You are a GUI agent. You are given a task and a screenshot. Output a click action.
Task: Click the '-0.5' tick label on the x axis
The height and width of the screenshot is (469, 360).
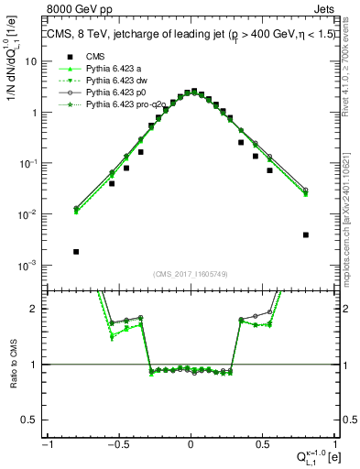pos(117,444)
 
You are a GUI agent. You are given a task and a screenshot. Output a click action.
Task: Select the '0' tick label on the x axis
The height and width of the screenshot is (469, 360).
pos(191,444)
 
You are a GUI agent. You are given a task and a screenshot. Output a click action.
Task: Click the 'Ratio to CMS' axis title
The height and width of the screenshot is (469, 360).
pos(13,365)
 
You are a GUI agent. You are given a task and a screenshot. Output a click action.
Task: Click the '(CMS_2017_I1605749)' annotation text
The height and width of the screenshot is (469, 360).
pos(191,273)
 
